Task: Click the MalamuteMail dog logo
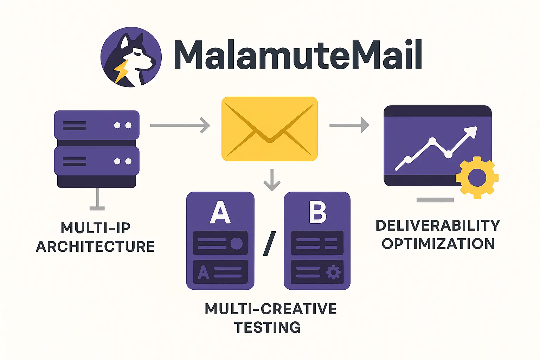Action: tap(131, 57)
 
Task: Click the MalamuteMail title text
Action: tap(297, 55)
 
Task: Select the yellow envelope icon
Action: tap(270, 129)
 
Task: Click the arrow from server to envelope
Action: tap(180, 125)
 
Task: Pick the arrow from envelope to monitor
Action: tap(349, 125)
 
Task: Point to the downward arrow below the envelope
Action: tap(272, 180)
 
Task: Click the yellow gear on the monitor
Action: tap(477, 178)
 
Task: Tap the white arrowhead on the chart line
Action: tap(472, 132)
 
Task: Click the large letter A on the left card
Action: tap(220, 213)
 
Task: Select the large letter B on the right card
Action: tap(317, 212)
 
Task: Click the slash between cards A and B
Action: tap(269, 243)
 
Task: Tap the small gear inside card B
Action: tap(333, 272)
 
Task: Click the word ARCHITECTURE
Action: tap(95, 246)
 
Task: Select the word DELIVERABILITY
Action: tap(438, 225)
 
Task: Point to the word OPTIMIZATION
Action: tap(438, 244)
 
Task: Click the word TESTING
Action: tap(268, 327)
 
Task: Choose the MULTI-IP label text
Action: tap(96, 228)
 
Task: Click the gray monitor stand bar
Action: tap(435, 200)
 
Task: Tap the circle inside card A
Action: tap(236, 243)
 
